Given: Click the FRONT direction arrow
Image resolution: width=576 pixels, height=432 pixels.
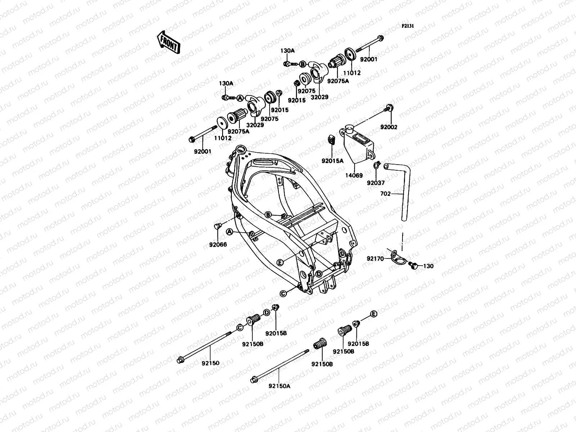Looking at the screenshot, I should (x=168, y=42).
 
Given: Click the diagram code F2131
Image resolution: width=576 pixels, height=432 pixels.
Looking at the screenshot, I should (x=408, y=26).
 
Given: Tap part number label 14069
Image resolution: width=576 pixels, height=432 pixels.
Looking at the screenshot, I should (x=355, y=176).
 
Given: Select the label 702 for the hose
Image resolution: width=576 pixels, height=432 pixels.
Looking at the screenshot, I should (x=385, y=194).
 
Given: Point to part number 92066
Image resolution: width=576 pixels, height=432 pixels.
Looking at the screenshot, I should (x=218, y=245).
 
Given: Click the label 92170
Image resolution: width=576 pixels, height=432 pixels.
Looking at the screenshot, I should (x=375, y=258).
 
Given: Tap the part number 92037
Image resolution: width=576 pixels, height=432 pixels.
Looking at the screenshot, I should (x=376, y=183).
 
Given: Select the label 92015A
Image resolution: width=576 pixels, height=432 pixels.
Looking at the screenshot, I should (x=333, y=161).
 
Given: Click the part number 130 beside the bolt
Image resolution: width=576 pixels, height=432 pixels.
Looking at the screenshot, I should (x=428, y=266).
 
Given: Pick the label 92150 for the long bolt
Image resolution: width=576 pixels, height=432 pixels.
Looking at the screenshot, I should (x=210, y=363).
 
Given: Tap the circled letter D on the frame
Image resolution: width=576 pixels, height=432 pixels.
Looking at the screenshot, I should (x=318, y=274).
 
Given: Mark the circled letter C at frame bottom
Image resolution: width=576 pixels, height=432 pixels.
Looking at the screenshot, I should (x=283, y=293).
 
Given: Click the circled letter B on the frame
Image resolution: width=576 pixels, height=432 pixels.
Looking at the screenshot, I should (x=268, y=215).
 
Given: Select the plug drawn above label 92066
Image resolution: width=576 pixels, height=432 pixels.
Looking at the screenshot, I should (x=216, y=226).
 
